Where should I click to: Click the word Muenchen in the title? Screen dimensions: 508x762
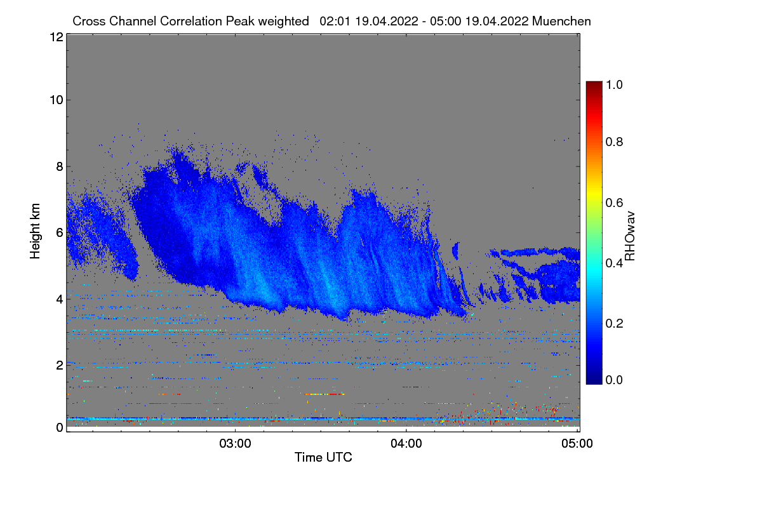tap(562, 21)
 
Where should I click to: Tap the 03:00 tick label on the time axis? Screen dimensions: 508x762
tap(236, 443)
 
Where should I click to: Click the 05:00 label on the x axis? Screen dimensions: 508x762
tap(577, 443)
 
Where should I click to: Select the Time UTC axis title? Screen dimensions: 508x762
tap(323, 457)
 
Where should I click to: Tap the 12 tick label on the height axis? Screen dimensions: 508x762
tap(56, 37)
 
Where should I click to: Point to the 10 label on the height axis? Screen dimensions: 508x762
tap(56, 100)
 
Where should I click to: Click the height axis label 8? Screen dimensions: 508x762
tap(60, 166)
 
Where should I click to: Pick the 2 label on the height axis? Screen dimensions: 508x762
tap(60, 365)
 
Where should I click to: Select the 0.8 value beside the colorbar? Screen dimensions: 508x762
tap(615, 142)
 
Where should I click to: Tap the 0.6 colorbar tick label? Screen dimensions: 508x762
tap(615, 203)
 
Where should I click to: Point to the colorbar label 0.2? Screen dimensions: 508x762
tap(615, 323)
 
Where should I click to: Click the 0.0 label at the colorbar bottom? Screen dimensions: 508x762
tap(615, 380)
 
